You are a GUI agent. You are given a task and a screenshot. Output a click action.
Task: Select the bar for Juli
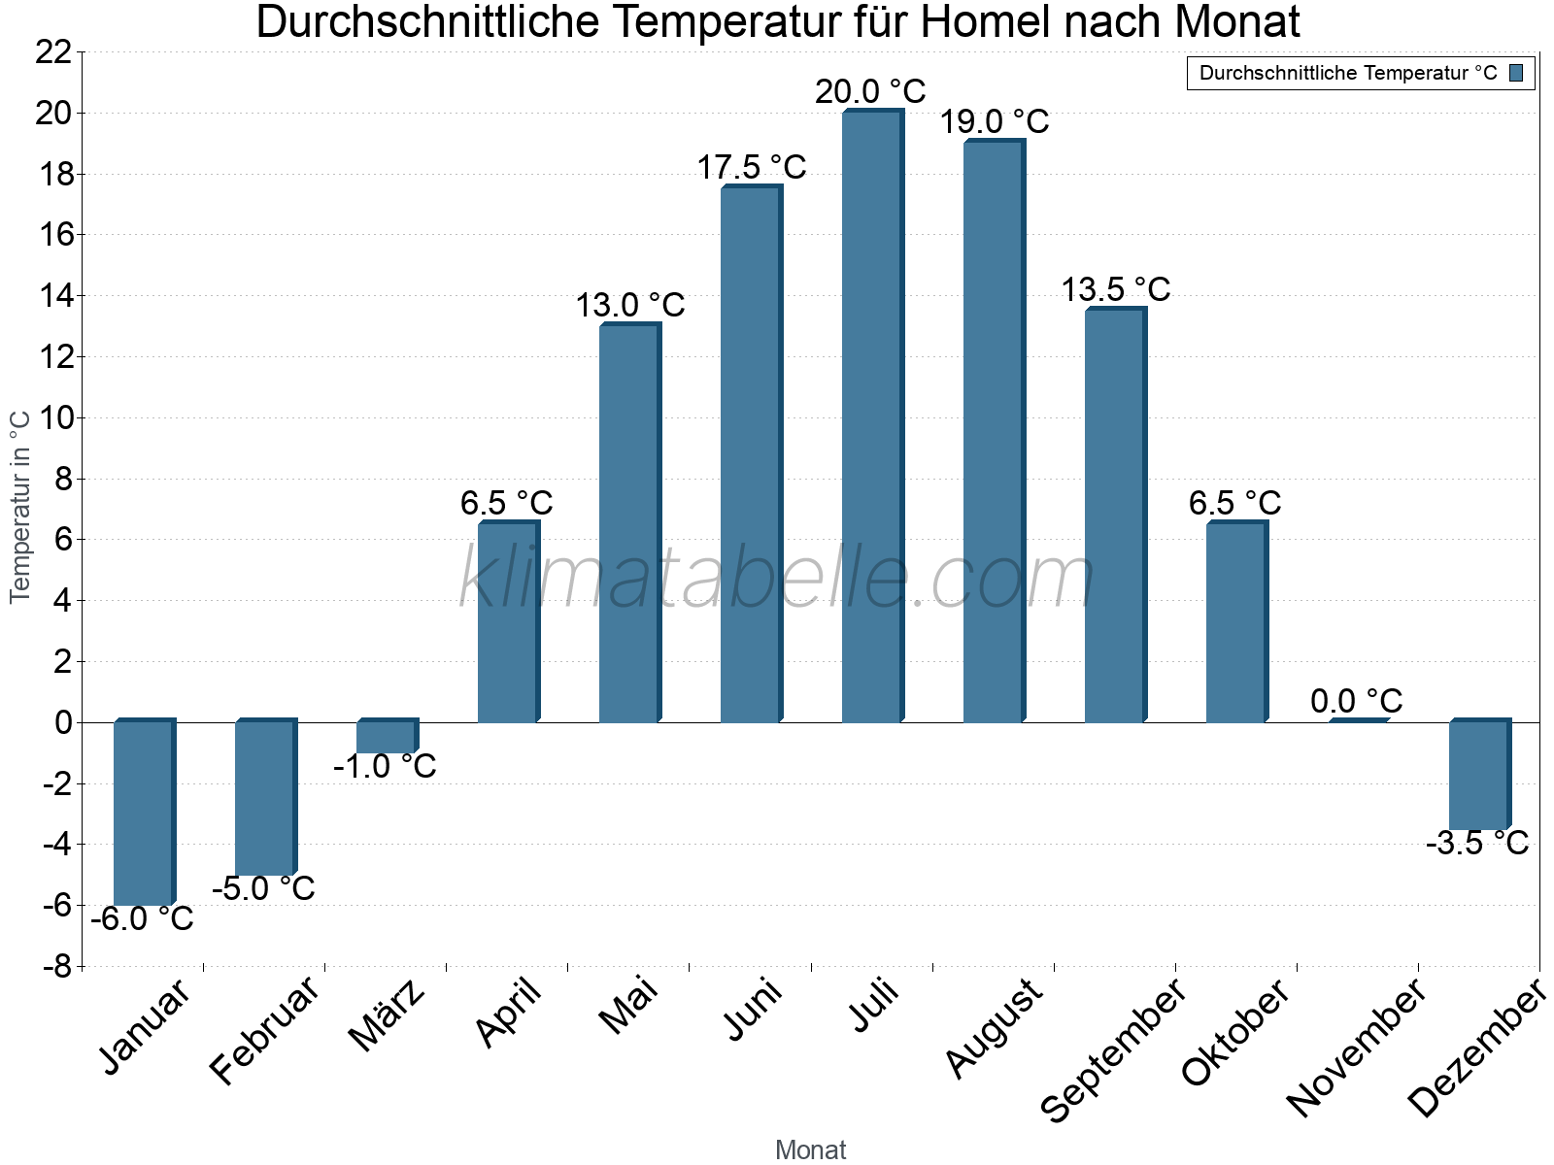tap(871, 417)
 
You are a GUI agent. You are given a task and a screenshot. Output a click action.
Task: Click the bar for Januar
tap(143, 814)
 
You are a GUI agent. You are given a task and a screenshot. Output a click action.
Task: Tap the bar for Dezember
tap(1478, 775)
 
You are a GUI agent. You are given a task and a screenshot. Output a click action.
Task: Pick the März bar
tap(386, 737)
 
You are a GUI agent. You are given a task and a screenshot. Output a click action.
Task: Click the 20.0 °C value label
tap(870, 92)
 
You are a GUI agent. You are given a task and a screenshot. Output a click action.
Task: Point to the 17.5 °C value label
tap(751, 168)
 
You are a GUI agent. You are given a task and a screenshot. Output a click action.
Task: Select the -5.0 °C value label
tap(263, 888)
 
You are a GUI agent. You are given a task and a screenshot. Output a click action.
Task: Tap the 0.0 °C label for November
tap(1356, 701)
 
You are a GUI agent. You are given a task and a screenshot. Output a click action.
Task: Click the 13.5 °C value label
tap(1115, 289)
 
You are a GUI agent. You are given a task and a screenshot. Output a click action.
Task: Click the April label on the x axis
tap(508, 1014)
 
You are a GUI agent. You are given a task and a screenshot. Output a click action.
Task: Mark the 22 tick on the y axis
tap(53, 52)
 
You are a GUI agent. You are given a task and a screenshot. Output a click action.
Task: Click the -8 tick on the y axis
tap(56, 967)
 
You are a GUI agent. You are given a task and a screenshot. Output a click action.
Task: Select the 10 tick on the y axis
tap(53, 418)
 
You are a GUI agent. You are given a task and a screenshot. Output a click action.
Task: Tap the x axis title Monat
tap(810, 1149)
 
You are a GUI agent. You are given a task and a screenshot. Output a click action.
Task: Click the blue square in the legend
tap(1516, 73)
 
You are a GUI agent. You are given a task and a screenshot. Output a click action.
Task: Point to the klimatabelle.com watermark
tap(777, 578)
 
